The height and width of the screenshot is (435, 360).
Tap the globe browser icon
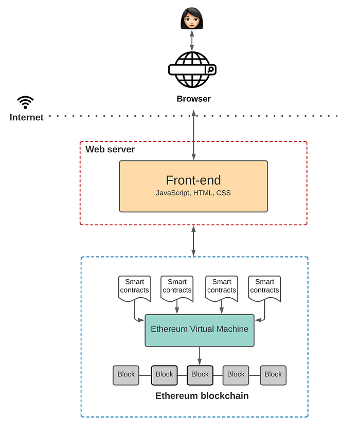click(x=192, y=69)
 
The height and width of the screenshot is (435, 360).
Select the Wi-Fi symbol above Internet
click(x=25, y=102)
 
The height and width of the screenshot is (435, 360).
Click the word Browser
click(x=194, y=99)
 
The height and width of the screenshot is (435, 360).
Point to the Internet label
click(x=27, y=117)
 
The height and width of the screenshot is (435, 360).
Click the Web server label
click(x=110, y=150)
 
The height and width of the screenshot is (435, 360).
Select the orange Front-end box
click(x=193, y=186)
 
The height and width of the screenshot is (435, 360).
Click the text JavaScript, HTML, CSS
click(x=193, y=193)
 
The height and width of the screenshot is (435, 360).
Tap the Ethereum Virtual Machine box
click(x=200, y=330)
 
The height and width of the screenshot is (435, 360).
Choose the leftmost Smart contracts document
click(x=135, y=288)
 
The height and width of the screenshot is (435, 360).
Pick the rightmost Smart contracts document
click(x=264, y=288)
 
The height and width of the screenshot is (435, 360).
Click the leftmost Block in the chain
click(x=126, y=375)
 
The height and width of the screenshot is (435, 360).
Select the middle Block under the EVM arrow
click(x=200, y=375)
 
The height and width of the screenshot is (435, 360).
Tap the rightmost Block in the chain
click(x=273, y=375)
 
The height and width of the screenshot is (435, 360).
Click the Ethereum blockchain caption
click(x=202, y=396)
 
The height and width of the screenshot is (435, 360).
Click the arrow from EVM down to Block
click(x=200, y=356)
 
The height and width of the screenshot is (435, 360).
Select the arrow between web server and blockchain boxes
click(x=194, y=241)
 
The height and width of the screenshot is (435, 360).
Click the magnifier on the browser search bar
click(x=210, y=69)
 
